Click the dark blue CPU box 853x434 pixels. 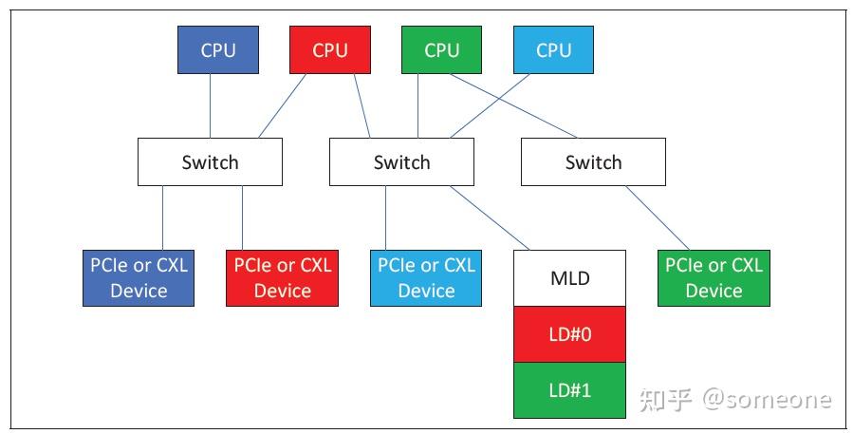point(218,49)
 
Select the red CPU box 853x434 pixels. point(330,49)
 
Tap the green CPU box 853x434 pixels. point(442,49)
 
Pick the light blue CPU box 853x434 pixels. point(554,49)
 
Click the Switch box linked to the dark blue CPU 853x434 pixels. point(210,161)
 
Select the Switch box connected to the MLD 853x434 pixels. point(402,161)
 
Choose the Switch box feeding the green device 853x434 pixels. point(594,161)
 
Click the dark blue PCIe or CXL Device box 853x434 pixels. point(139,278)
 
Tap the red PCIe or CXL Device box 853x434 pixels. point(283,278)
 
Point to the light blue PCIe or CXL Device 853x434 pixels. point(426,278)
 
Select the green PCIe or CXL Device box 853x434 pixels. point(714,278)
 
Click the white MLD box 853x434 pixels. point(569,278)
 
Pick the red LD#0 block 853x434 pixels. point(569,334)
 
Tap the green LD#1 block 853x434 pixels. point(569,390)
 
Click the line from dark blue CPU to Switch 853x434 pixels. point(211,105)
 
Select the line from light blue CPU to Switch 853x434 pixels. point(491,105)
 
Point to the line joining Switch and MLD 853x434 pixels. point(491,217)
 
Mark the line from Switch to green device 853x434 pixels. point(658,217)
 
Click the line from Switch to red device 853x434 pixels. point(243,217)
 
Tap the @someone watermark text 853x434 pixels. point(767,400)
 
